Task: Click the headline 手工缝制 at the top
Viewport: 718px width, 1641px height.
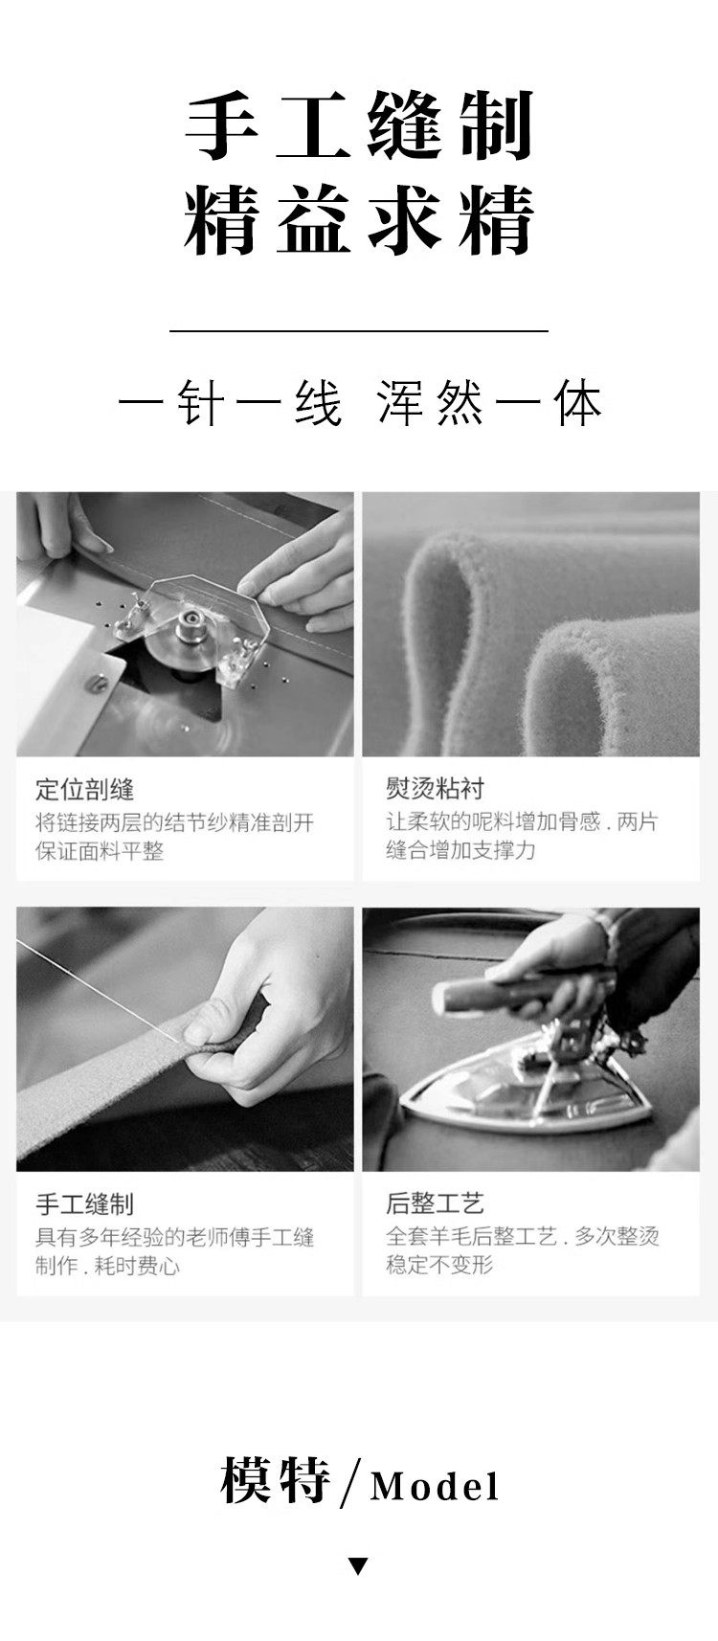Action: click(359, 125)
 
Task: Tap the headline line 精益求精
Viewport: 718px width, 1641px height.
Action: click(359, 220)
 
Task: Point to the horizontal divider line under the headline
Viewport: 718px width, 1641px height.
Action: click(359, 331)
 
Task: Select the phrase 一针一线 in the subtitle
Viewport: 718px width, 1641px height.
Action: click(230, 403)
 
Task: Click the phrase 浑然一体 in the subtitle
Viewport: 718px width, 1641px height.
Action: click(489, 403)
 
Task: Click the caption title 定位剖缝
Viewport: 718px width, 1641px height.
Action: click(85, 790)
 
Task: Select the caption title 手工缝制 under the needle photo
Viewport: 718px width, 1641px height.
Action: click(85, 1203)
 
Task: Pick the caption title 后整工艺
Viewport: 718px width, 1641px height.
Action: click(436, 1203)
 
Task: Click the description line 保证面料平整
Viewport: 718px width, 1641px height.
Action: click(100, 850)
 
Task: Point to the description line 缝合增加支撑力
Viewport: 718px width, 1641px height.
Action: click(460, 850)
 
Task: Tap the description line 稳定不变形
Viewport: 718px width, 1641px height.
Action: click(439, 1265)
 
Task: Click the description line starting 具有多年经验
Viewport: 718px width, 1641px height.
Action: click(175, 1237)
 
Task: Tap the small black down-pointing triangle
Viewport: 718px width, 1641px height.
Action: click(358, 1566)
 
